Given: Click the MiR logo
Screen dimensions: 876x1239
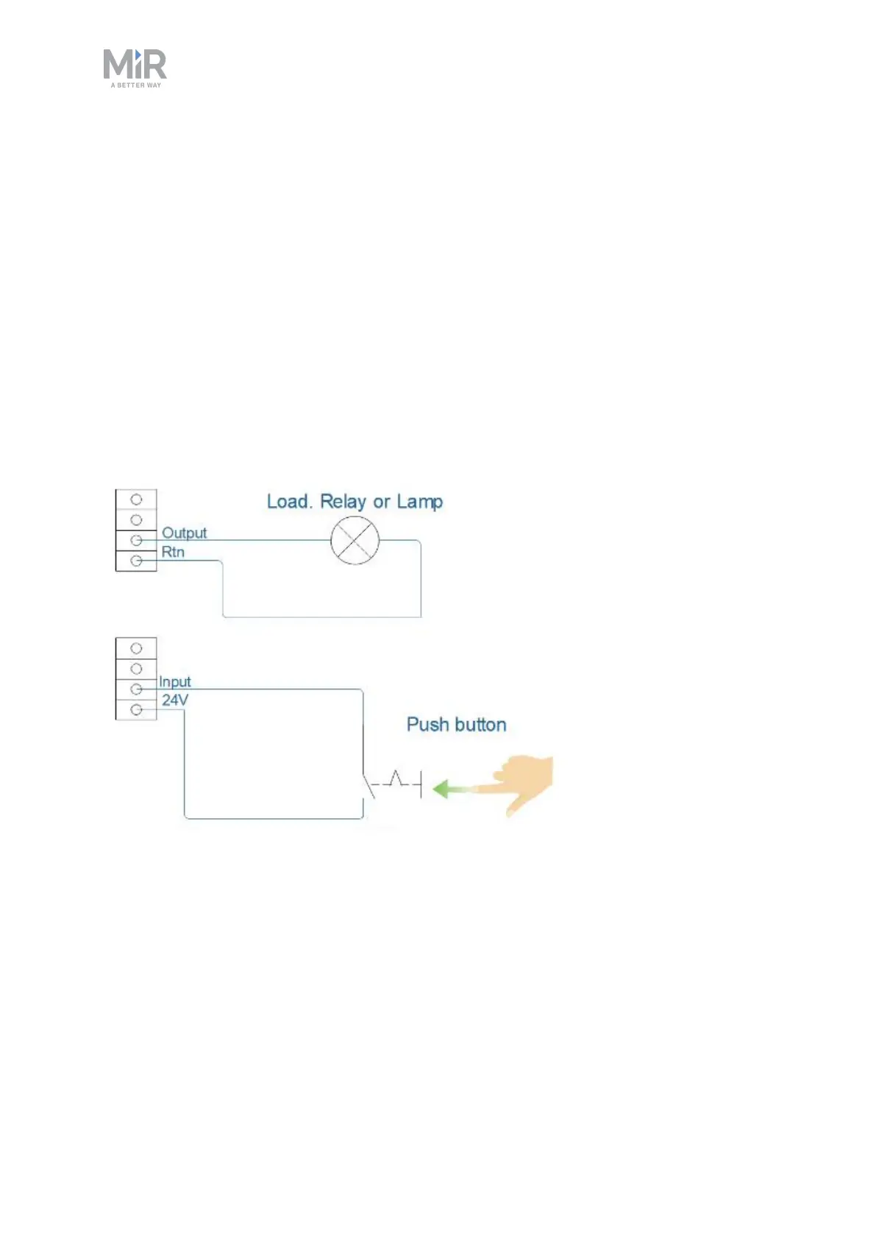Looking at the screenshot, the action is (135, 65).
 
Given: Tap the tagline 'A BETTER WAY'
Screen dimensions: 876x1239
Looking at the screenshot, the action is (136, 85).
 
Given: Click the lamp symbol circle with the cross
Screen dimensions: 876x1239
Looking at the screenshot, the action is (355, 541).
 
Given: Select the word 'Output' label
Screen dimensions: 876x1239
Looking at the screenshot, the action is (184, 533).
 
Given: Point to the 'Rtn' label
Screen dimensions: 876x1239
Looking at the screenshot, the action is (173, 552).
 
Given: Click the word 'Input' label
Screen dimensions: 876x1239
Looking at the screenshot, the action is (175, 682).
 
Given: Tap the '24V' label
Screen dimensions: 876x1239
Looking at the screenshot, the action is (175, 700).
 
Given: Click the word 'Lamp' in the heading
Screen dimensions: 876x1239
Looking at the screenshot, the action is (419, 502).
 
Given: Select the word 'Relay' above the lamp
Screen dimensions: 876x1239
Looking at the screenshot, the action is (343, 502).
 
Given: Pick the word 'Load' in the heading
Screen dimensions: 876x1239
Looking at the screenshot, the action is (288, 502).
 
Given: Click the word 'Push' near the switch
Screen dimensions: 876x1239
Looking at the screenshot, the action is (427, 725).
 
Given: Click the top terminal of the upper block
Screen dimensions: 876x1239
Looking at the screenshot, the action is (136, 500).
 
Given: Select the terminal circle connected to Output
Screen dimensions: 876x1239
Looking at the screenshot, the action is (136, 540).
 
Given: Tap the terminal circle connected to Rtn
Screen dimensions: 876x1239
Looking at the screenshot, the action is (136, 561).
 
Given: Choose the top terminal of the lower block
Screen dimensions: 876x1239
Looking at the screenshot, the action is (136, 648).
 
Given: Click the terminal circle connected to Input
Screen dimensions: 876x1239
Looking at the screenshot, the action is (136, 689).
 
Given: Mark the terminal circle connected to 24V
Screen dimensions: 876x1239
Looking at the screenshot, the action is (136, 710).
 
